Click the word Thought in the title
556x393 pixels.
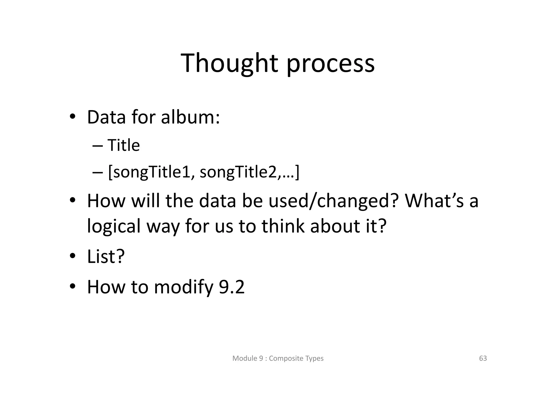(x=229, y=64)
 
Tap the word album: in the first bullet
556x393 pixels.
(x=190, y=117)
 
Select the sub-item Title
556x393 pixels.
(x=124, y=145)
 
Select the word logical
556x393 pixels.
(x=114, y=227)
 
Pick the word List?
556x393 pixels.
(x=106, y=256)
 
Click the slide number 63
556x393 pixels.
(x=483, y=358)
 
